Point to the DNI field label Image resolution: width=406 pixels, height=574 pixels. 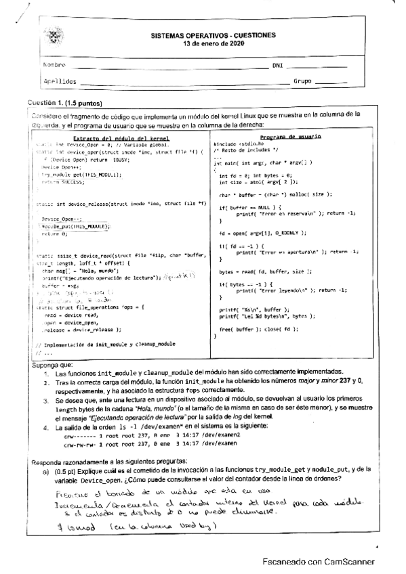277,66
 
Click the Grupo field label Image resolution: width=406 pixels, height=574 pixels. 302,81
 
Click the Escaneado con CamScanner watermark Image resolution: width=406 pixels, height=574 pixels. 319,562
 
